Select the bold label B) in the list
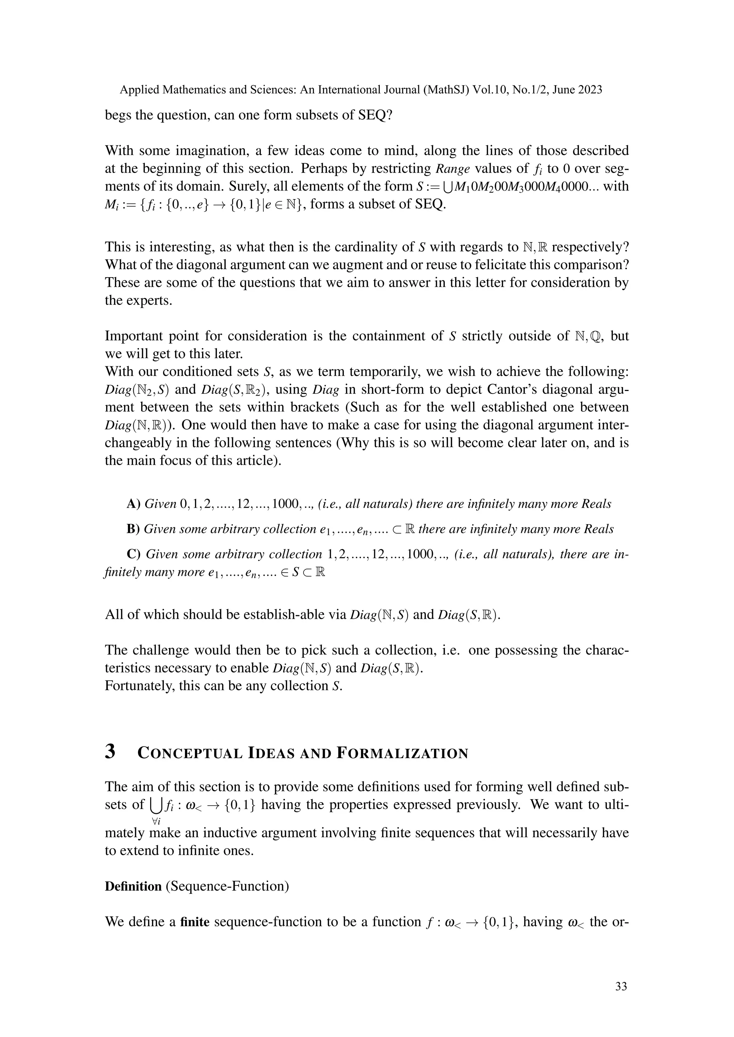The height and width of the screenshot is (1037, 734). coord(133,529)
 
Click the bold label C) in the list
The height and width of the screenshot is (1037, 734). coord(133,554)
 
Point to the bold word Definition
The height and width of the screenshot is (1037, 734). coord(133,886)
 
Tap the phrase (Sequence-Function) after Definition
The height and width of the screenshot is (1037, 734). coord(227,886)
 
